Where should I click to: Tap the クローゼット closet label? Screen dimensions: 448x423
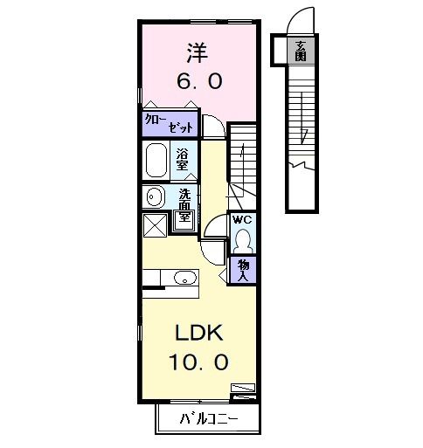(170, 123)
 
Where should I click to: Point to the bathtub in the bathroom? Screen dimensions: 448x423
(157, 162)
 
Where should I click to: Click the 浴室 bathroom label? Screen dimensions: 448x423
(183, 160)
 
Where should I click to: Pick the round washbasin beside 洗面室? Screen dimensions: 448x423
(155, 196)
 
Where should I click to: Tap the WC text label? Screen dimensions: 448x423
(242, 220)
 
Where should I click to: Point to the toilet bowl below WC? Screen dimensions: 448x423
(243, 238)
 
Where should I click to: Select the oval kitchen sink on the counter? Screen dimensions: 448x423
(184, 278)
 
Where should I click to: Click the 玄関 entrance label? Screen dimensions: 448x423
(301, 51)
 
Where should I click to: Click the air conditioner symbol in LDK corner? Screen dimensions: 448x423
(242, 388)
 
